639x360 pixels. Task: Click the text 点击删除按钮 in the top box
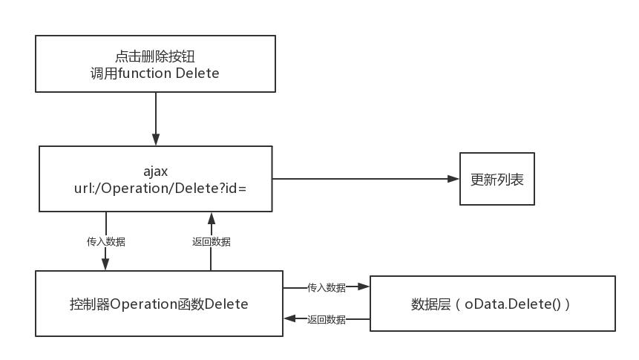[155, 56]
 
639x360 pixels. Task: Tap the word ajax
[155, 171]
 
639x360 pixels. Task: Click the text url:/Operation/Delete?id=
[155, 189]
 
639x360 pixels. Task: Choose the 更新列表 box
[497, 179]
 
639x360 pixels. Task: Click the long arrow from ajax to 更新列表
[364, 179]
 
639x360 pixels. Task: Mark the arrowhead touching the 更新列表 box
[454, 179]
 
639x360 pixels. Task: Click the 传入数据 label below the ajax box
[105, 242]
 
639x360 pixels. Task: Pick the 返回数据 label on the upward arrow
[211, 242]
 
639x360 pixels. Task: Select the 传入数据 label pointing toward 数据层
[327, 288]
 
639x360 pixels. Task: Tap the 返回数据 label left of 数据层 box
[327, 320]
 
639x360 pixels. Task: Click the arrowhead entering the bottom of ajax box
[212, 218]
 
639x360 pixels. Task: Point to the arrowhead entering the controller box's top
[105, 265]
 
